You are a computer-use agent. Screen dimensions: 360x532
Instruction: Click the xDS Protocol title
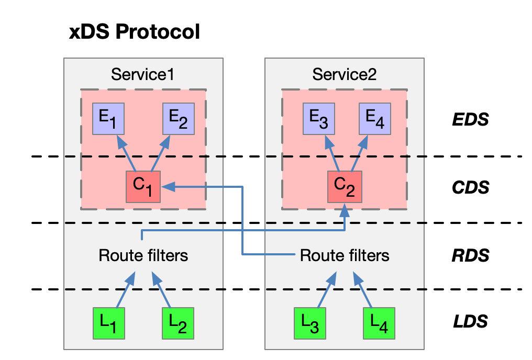coord(135,32)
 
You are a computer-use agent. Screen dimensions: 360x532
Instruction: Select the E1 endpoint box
coord(108,119)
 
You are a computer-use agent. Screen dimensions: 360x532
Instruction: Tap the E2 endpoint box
coord(179,119)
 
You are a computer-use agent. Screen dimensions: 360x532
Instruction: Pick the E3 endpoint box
coord(319,119)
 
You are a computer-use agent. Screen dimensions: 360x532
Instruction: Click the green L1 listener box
coord(108,323)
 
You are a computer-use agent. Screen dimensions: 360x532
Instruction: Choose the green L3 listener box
coord(309,323)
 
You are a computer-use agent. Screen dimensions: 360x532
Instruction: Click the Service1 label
coord(143,74)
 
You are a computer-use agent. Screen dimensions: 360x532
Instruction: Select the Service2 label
coord(344,74)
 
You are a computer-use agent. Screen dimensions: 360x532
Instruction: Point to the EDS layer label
coord(470,120)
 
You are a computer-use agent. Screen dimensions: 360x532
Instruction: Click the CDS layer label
coord(470,187)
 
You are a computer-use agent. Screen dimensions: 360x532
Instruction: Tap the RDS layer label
coord(470,255)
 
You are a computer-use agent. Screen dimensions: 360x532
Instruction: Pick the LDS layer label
coord(470,321)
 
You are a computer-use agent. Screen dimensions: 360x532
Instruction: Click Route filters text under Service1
coord(143,256)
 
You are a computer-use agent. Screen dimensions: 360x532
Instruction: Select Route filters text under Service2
coord(345,256)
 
